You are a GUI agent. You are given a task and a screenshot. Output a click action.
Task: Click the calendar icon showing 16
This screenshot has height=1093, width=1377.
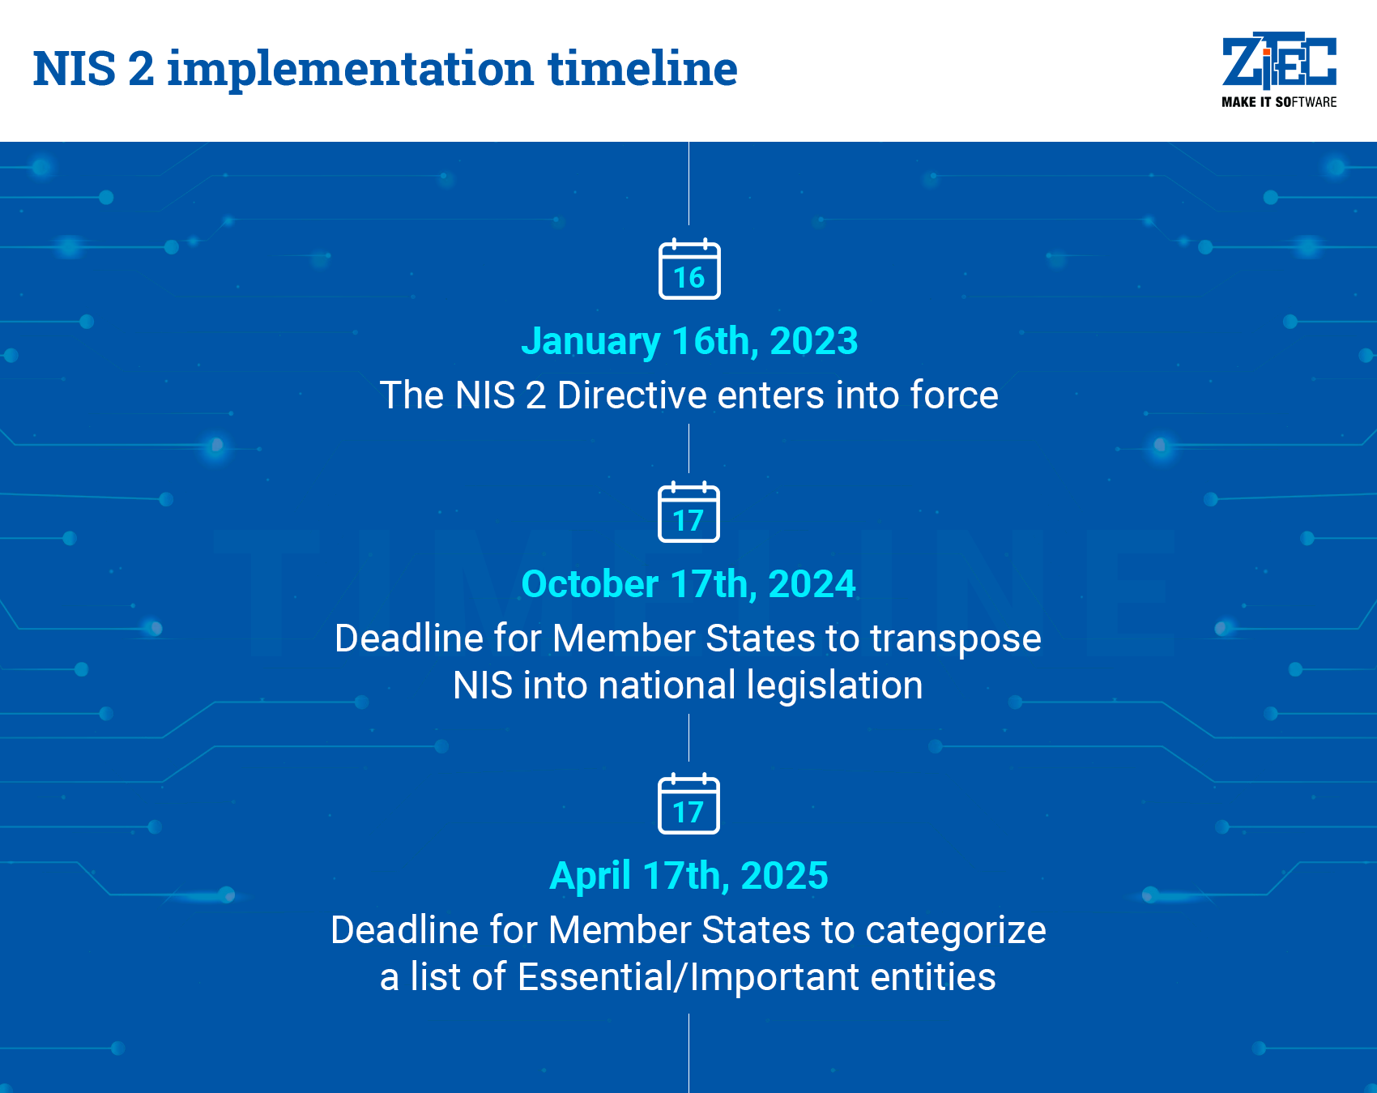(x=689, y=270)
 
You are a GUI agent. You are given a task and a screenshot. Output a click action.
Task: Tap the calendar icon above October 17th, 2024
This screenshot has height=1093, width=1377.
(x=688, y=512)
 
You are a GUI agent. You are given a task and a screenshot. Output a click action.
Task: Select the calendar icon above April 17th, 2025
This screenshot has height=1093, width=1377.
(x=688, y=804)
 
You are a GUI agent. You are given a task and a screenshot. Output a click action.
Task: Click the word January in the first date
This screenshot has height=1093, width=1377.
(x=590, y=342)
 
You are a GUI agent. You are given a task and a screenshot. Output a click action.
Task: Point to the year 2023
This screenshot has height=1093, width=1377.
(x=813, y=341)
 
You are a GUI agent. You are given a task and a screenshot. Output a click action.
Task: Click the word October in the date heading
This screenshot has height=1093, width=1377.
(x=590, y=584)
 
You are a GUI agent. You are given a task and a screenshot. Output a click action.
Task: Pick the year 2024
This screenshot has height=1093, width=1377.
(x=812, y=584)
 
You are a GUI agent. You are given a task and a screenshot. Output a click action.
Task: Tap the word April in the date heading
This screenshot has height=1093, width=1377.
(x=590, y=876)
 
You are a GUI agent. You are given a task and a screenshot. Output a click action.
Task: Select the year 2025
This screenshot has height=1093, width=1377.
(x=784, y=876)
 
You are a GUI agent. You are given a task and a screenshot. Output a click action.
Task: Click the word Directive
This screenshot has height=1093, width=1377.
(x=632, y=395)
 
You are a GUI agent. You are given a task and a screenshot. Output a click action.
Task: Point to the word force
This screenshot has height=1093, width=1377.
(x=953, y=395)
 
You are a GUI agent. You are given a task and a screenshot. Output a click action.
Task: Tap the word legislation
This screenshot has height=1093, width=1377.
(x=834, y=686)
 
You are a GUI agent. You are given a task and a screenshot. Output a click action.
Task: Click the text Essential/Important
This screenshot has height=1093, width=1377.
(x=688, y=977)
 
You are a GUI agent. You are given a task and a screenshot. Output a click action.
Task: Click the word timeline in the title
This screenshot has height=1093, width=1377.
(x=642, y=69)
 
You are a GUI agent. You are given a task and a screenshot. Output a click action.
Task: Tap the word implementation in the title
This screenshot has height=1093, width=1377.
(x=350, y=70)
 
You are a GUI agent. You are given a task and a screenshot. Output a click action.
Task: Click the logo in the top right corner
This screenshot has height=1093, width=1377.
(x=1278, y=69)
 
